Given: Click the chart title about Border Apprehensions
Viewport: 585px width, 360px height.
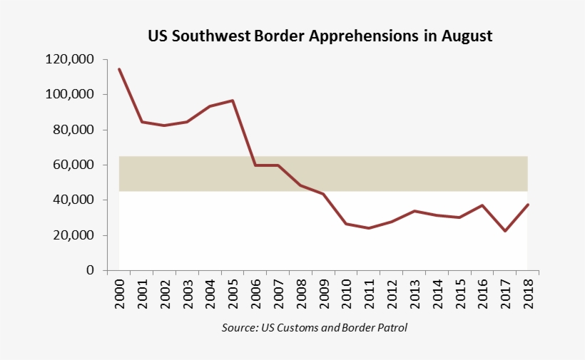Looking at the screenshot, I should pyautogui.click(x=320, y=36).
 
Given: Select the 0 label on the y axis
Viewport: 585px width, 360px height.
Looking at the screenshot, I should pyautogui.click(x=91, y=270).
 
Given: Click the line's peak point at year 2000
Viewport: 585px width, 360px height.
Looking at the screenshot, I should pyautogui.click(x=119, y=69).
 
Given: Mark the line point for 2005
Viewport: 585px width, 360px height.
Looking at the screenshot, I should pyautogui.click(x=233, y=101).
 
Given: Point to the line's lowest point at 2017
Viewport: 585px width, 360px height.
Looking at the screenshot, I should pyautogui.click(x=504, y=231).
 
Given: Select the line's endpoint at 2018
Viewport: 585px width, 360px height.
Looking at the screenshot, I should pyautogui.click(x=527, y=205).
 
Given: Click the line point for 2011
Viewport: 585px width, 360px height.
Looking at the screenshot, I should pyautogui.click(x=369, y=228).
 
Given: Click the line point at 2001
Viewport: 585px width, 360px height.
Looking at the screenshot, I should pyautogui.click(x=142, y=122).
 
